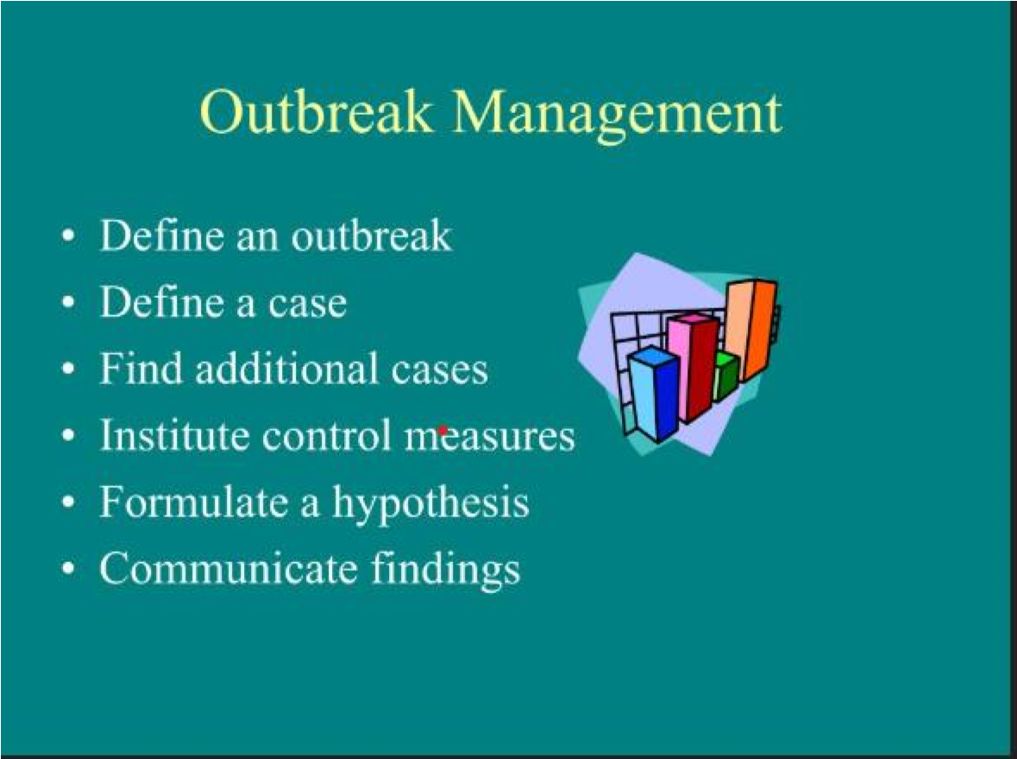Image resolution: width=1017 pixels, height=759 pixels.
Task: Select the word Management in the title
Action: tap(618, 117)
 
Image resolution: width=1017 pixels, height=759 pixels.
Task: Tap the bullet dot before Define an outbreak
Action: tap(68, 235)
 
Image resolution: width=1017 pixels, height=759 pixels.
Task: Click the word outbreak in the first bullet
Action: tap(371, 234)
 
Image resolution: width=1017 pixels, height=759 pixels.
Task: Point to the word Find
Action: tap(141, 368)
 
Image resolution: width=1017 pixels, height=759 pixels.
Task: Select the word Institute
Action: tap(174, 434)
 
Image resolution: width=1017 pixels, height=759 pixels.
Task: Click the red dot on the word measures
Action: tap(443, 430)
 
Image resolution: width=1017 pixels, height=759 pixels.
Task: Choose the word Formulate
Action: tap(193, 501)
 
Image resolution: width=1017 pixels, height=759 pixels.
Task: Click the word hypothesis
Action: tap(430, 503)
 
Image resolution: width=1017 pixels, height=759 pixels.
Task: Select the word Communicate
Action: tap(228, 568)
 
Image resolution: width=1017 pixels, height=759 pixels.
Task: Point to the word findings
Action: tap(446, 570)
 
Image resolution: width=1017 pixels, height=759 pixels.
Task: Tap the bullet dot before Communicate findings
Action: tap(68, 568)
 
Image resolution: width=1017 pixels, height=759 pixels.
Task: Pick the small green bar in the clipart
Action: tap(725, 376)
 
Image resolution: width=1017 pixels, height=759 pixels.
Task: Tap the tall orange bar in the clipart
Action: tap(750, 328)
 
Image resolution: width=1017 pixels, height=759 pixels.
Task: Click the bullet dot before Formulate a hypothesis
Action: tap(68, 502)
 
